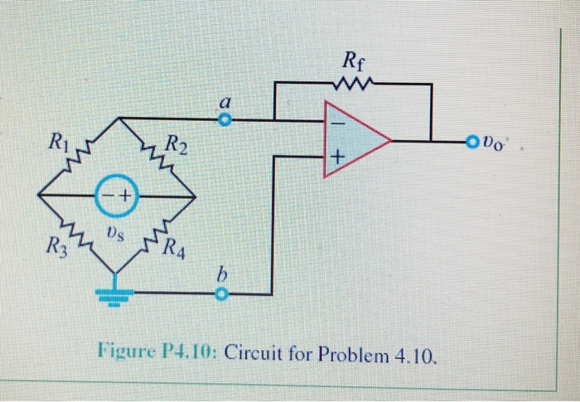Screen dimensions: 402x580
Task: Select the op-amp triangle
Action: [352, 140]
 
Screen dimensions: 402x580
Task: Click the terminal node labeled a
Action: [221, 120]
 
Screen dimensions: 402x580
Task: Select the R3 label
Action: [56, 246]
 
